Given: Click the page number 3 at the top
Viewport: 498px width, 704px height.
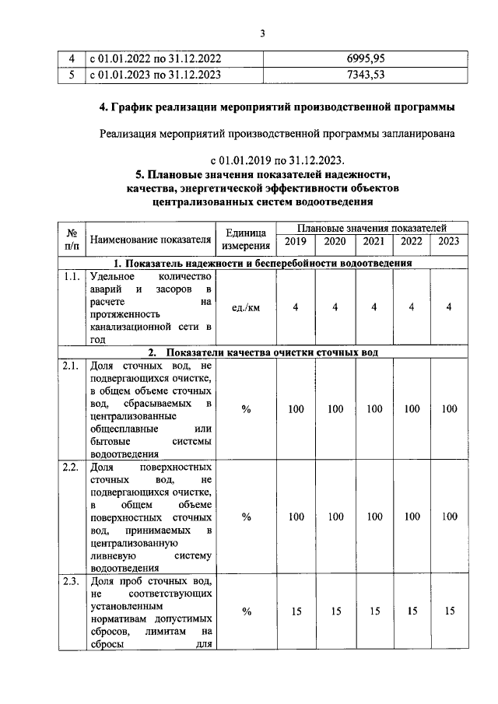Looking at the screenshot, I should click(x=263, y=33).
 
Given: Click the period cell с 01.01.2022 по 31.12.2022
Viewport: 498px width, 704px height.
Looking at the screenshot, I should click(x=156, y=58).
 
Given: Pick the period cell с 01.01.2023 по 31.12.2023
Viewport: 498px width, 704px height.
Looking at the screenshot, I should click(x=156, y=75).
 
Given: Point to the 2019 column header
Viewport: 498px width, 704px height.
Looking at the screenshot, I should click(x=295, y=241).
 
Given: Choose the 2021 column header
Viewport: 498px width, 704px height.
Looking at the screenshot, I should click(x=374, y=241).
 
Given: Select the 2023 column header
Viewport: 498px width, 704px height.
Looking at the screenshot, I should click(x=449, y=241).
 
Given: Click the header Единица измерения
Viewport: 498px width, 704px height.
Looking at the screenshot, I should click(x=245, y=239).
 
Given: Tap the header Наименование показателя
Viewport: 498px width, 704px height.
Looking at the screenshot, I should click(x=151, y=239).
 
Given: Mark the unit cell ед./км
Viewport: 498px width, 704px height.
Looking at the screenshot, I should click(x=245, y=307).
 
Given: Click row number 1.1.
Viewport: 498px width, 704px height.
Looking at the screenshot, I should click(x=71, y=276).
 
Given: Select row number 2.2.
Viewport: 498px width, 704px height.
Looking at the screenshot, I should click(x=71, y=468).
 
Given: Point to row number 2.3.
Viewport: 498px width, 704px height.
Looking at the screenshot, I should click(x=71, y=582).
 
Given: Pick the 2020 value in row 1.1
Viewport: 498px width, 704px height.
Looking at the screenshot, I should click(x=335, y=307).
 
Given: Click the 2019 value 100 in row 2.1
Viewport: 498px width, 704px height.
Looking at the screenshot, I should click(x=296, y=409).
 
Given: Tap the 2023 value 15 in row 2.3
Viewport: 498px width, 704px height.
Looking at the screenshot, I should click(x=449, y=611).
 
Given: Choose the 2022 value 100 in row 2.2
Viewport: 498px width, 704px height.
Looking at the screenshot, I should click(x=412, y=517).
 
